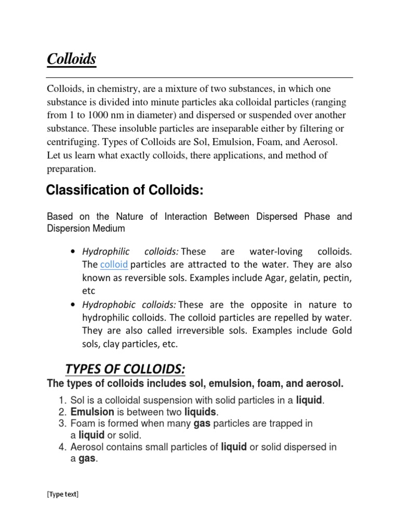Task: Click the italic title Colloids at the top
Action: tap(72, 59)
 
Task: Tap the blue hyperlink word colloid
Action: tap(114, 264)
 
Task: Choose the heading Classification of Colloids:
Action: tap(124, 191)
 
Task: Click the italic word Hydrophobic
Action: tap(105, 304)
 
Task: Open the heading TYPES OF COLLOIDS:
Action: tap(125, 369)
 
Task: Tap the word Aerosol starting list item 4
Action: tap(85, 447)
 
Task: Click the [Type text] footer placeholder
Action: tap(62, 495)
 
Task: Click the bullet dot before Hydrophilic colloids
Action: tap(71, 252)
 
